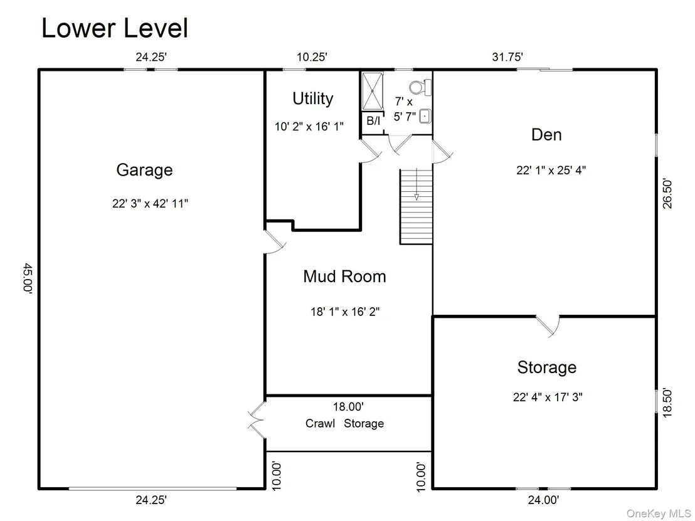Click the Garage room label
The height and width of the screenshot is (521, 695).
(144, 170)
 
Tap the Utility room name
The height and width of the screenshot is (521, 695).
(313, 98)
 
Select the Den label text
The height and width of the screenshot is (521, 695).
(546, 135)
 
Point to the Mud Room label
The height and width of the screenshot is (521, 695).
(344, 276)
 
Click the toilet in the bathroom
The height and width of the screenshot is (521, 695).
(420, 87)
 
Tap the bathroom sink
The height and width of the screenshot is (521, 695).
(425, 116)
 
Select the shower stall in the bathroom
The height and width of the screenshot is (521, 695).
(373, 91)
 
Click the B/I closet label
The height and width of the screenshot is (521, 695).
(373, 120)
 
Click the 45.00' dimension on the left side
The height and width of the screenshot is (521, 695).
(28, 277)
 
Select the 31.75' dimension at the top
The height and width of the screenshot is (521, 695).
(507, 57)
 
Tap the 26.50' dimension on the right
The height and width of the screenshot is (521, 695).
(667, 193)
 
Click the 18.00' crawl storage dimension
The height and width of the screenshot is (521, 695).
(348, 406)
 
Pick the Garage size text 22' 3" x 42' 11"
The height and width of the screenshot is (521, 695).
(151, 203)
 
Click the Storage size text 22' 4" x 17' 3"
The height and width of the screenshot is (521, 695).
(548, 397)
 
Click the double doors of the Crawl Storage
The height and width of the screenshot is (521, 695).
(257, 420)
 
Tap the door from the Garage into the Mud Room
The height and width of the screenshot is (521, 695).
(274, 241)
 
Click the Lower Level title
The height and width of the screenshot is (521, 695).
(115, 28)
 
